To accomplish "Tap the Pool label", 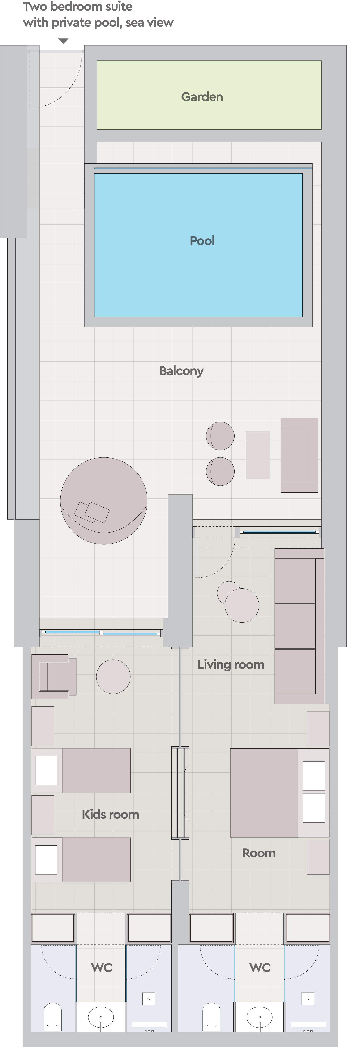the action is coord(202,241).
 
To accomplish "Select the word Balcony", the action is coord(181,371).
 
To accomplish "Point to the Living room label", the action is coord(231,665).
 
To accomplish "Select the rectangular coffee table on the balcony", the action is coord(258,455).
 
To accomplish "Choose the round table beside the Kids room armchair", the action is coord(113,677).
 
